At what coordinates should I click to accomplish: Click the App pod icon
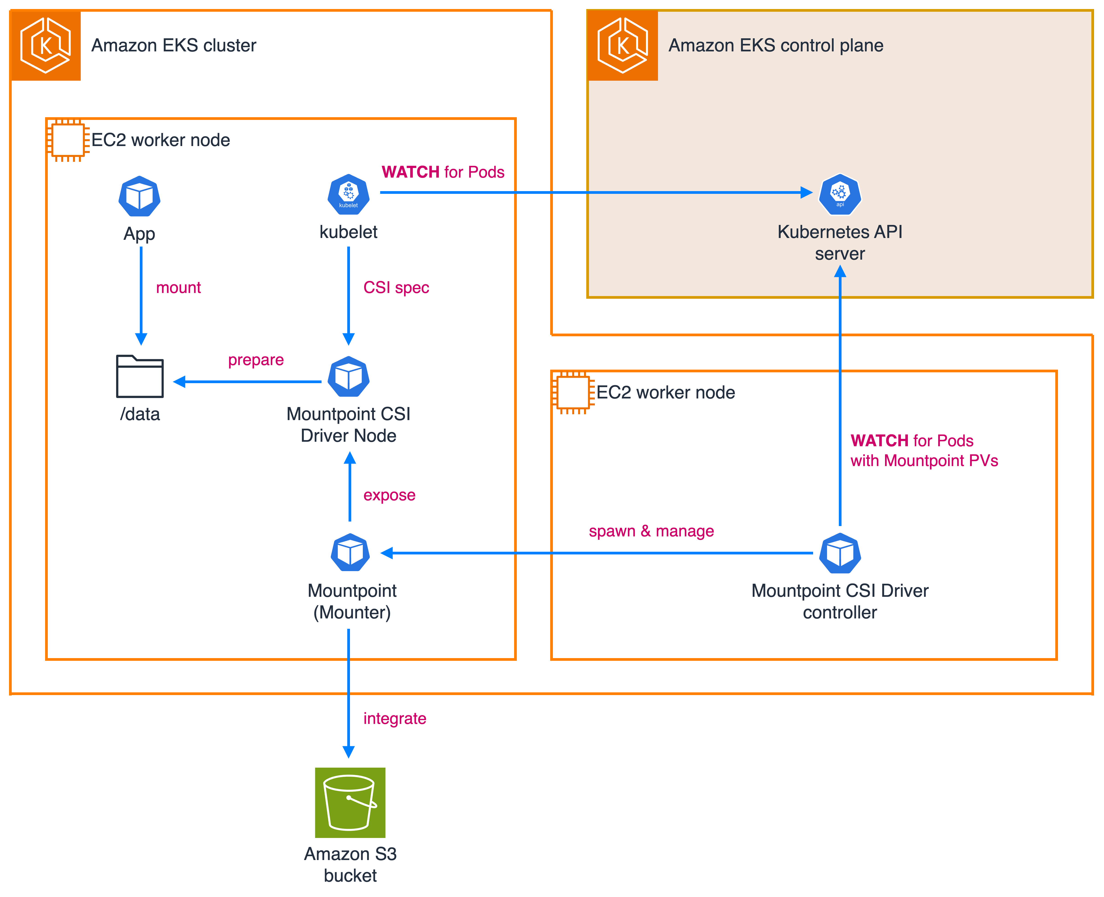(x=140, y=196)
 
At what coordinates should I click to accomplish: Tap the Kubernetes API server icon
(x=840, y=194)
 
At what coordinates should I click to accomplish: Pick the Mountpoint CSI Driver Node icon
(x=348, y=377)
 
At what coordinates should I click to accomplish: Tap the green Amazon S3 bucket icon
(x=350, y=802)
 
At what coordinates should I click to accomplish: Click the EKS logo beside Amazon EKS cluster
(x=46, y=46)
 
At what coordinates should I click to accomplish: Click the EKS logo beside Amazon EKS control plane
(x=623, y=46)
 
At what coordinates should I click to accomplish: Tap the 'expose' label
(x=389, y=495)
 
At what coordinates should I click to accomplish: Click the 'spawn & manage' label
(x=651, y=531)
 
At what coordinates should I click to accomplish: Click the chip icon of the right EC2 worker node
(x=573, y=393)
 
